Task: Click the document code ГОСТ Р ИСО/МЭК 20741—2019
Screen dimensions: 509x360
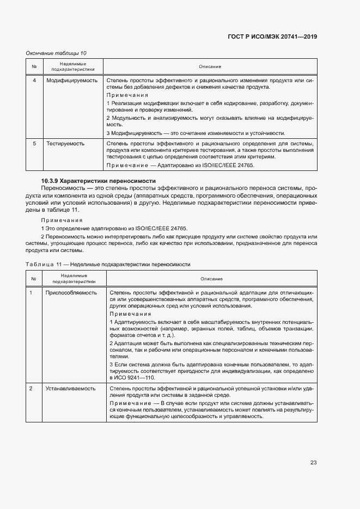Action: (271, 36)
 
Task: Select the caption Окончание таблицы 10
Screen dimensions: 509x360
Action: (56, 53)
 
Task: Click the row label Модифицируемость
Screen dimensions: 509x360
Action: (72, 80)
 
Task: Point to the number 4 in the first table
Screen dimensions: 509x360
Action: (34, 80)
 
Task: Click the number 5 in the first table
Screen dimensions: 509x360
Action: (34, 143)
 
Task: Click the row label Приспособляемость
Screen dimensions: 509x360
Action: (75, 292)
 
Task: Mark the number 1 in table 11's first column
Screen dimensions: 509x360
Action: (31, 292)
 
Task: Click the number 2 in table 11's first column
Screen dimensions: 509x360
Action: (31, 389)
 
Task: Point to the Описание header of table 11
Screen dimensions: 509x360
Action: (211, 279)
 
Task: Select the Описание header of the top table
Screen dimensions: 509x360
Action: (210, 66)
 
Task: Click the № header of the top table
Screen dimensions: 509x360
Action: (34, 66)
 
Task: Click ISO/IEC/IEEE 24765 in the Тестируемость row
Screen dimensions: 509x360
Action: (224, 165)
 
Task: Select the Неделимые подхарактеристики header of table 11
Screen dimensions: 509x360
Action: (74, 279)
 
